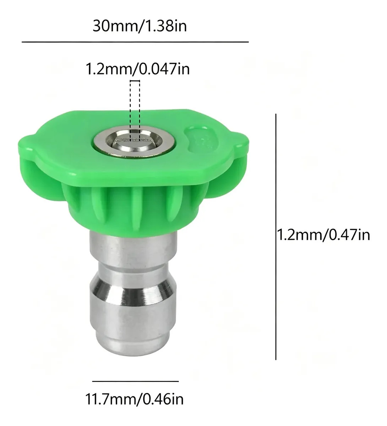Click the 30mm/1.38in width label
pos(140,26)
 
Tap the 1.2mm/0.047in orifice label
pos(137,69)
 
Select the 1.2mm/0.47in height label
pos(324,235)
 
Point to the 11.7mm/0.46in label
pos(134,399)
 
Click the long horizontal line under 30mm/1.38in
pos(135,42)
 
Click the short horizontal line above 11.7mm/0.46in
pos(135,381)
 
